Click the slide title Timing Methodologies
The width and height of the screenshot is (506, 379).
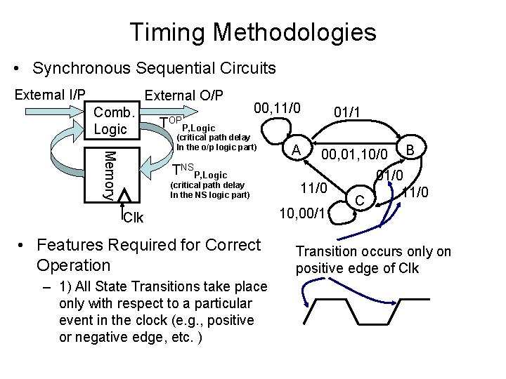click(253, 32)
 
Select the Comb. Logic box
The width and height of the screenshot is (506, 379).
click(112, 121)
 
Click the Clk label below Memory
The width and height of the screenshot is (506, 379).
click(133, 218)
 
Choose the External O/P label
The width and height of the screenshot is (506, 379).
click(183, 95)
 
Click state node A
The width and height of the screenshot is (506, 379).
click(297, 149)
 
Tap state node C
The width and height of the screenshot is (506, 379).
click(358, 200)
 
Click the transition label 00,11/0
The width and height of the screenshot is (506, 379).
click(277, 108)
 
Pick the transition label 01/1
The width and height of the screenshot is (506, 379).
click(348, 112)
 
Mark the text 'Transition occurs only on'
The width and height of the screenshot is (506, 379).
click(373, 252)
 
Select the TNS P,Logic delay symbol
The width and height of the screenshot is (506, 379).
click(199, 171)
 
